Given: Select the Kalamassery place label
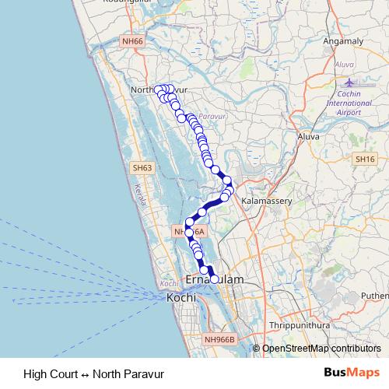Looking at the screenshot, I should (x=266, y=201).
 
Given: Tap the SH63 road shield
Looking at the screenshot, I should (x=142, y=168).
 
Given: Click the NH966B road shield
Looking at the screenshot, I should (x=219, y=339).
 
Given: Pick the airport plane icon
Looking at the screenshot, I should (x=348, y=82).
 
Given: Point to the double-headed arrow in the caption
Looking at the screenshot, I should (x=86, y=373).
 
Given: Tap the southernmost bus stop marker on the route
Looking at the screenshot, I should (x=215, y=279).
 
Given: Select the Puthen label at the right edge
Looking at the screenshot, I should (x=373, y=296).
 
